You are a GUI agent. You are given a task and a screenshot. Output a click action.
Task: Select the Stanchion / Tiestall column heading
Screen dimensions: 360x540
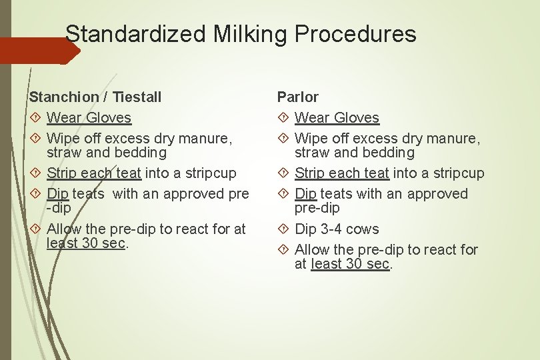(x=95, y=97)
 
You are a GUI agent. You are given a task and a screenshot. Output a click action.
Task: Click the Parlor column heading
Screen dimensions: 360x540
(x=297, y=97)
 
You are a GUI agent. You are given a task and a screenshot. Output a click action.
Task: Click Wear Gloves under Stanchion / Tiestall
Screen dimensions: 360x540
(x=89, y=118)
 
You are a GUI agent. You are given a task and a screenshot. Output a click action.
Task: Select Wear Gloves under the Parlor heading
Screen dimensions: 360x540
(x=337, y=118)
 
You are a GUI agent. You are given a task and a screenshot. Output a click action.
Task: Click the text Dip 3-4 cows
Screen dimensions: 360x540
(x=337, y=229)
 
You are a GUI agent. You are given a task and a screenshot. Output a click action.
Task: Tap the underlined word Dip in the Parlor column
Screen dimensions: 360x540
(x=305, y=194)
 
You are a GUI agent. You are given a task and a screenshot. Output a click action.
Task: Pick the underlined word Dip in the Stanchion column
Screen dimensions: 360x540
(x=57, y=194)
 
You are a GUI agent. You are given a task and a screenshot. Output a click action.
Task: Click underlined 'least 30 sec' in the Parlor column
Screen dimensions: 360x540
(x=350, y=264)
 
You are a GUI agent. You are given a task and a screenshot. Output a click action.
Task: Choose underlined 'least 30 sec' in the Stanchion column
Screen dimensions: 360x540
(x=86, y=243)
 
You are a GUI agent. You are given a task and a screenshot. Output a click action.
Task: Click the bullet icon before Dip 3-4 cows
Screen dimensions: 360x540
(x=283, y=229)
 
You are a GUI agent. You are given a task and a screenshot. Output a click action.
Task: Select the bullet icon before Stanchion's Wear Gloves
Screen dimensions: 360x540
(x=35, y=118)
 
